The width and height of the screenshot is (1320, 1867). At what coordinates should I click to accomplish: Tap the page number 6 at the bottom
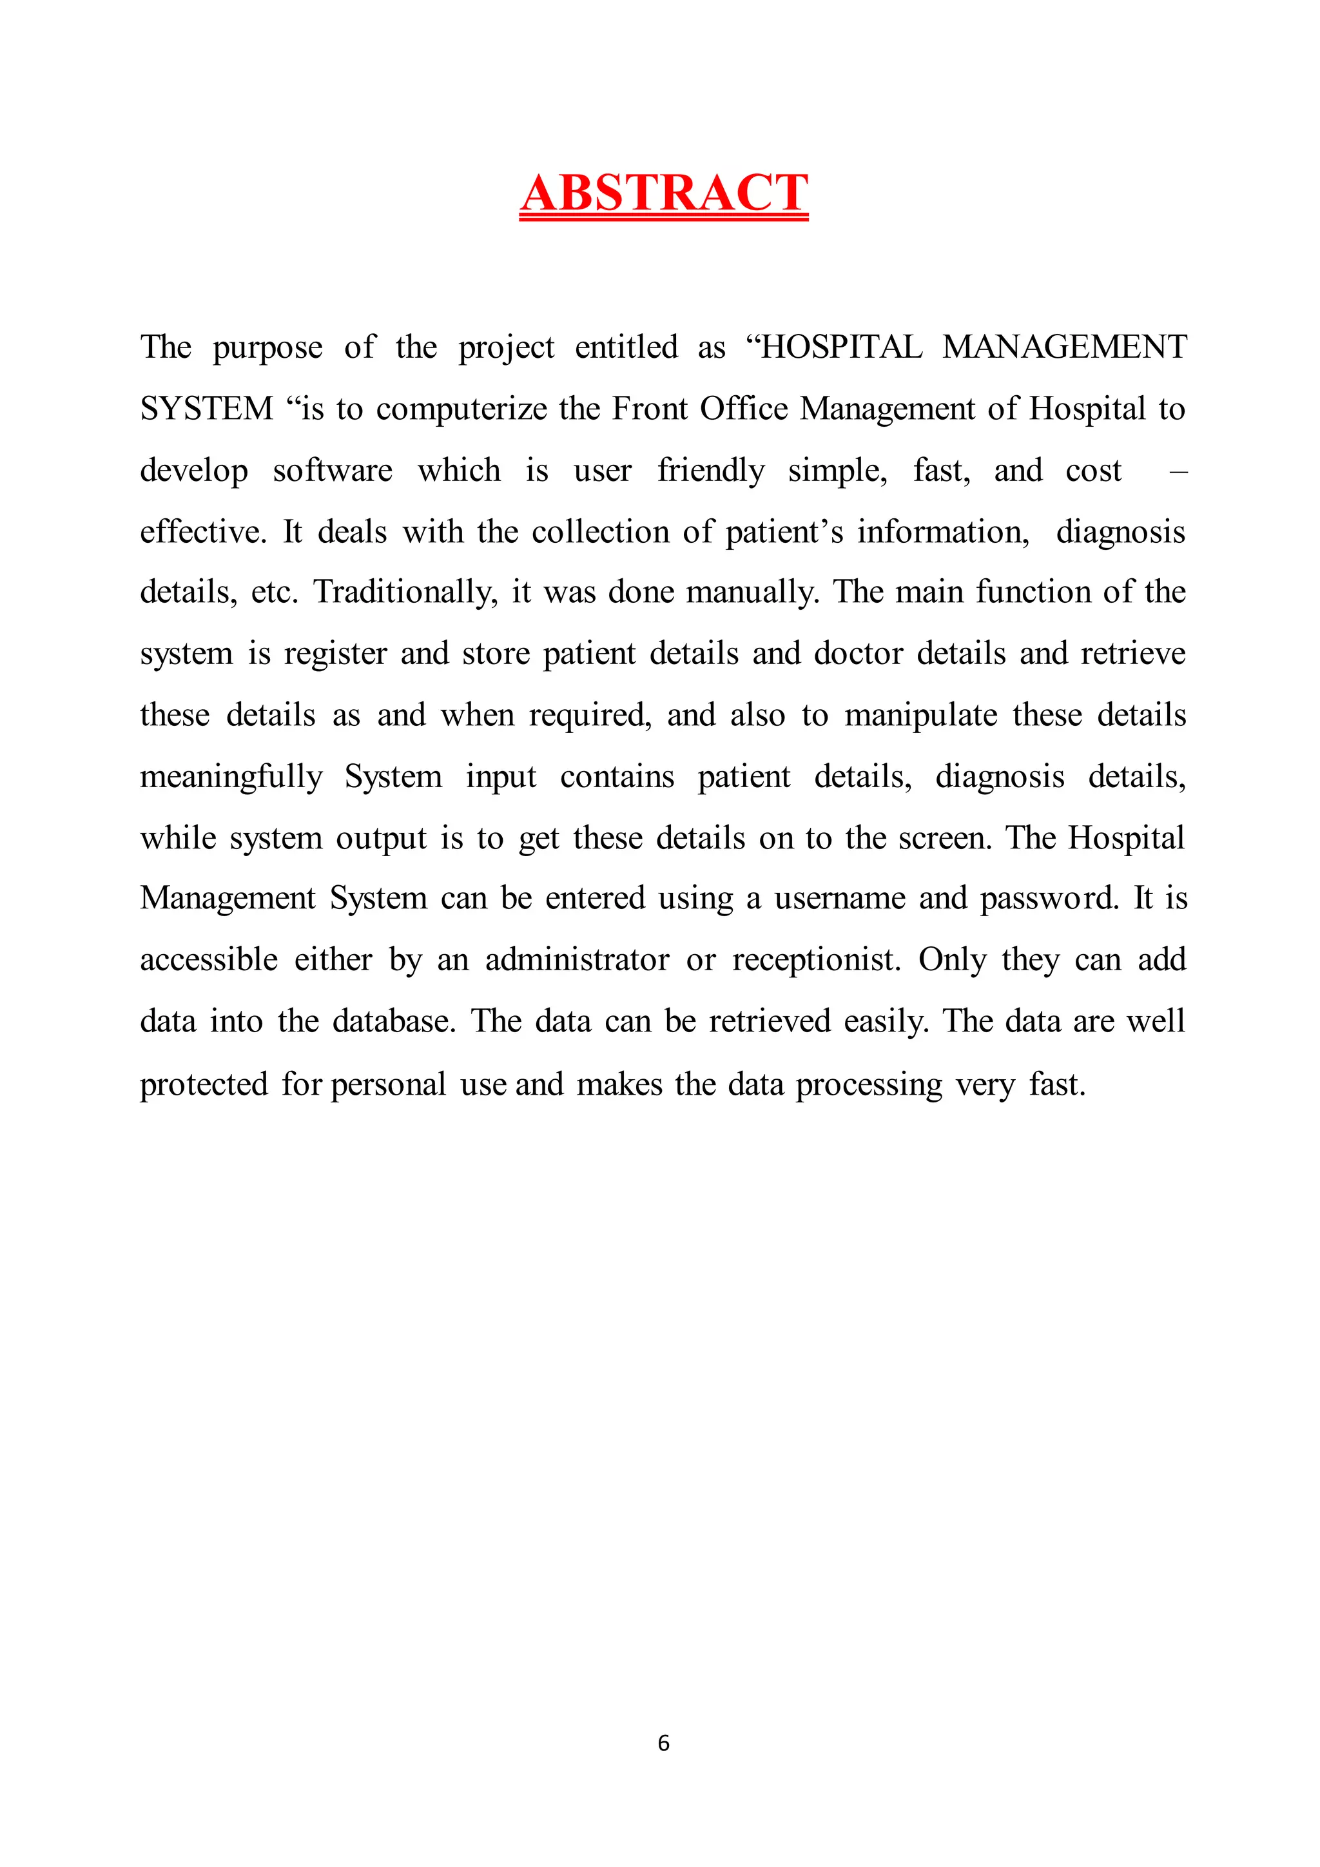coord(663,1742)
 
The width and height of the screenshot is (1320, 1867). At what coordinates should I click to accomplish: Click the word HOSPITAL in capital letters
coord(840,347)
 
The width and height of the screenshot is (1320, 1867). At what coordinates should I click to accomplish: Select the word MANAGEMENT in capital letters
coord(1064,347)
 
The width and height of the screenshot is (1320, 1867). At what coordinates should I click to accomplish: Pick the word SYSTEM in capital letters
coord(206,408)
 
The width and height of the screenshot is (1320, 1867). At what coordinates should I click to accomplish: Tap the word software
coord(333,470)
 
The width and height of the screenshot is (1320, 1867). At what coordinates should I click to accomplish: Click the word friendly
coord(710,471)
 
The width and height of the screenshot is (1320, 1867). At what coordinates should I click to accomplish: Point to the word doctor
coord(859,654)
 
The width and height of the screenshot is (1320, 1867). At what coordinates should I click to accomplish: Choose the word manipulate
coord(920,716)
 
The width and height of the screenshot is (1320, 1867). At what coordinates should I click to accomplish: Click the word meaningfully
coord(231,777)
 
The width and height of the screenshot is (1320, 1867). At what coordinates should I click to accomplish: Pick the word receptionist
coord(816,961)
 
